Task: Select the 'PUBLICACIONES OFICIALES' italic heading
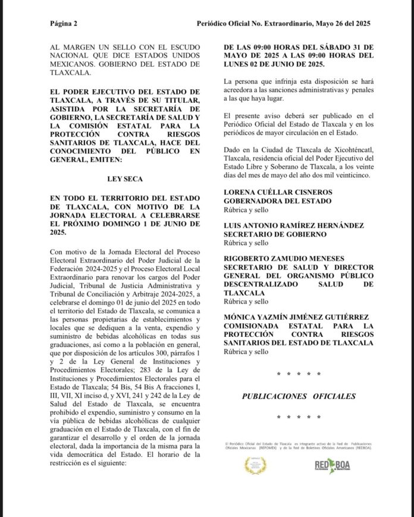(299, 396)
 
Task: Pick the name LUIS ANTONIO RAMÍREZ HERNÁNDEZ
(294, 226)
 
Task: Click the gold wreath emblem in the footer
(256, 465)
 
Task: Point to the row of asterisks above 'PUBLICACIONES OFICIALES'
(299, 374)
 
